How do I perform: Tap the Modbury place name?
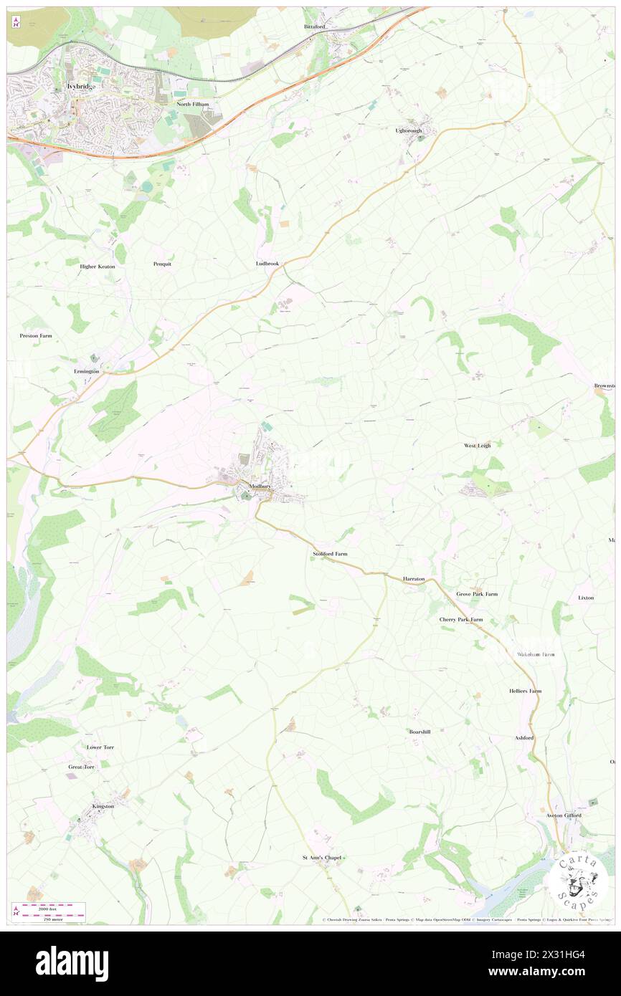click(258, 485)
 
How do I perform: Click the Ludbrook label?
click(267, 264)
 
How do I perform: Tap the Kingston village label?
click(103, 806)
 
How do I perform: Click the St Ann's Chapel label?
click(321, 857)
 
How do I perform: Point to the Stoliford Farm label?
click(330, 554)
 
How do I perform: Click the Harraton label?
click(414, 578)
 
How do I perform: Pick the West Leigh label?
click(477, 445)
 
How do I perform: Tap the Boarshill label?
click(419, 732)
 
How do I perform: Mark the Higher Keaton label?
click(97, 266)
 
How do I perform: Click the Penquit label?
click(162, 264)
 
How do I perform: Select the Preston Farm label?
click(36, 335)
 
